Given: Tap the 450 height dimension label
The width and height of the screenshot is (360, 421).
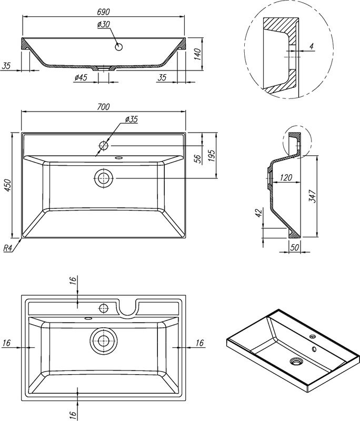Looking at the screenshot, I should [x=7, y=185].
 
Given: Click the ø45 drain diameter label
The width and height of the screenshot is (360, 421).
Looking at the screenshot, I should [x=81, y=78].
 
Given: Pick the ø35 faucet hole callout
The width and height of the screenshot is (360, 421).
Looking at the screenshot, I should [x=131, y=119].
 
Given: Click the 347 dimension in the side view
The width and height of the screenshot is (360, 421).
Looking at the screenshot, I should [x=311, y=195].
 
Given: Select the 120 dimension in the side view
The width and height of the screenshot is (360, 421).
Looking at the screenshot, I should [x=286, y=178].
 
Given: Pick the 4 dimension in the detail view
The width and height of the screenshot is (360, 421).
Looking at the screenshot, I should [x=312, y=47].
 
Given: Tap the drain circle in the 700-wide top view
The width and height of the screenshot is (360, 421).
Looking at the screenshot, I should [x=103, y=178].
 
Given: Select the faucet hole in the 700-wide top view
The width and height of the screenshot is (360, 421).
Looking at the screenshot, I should [x=104, y=145].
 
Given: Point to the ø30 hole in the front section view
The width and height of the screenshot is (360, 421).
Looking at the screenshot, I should [x=119, y=46].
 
